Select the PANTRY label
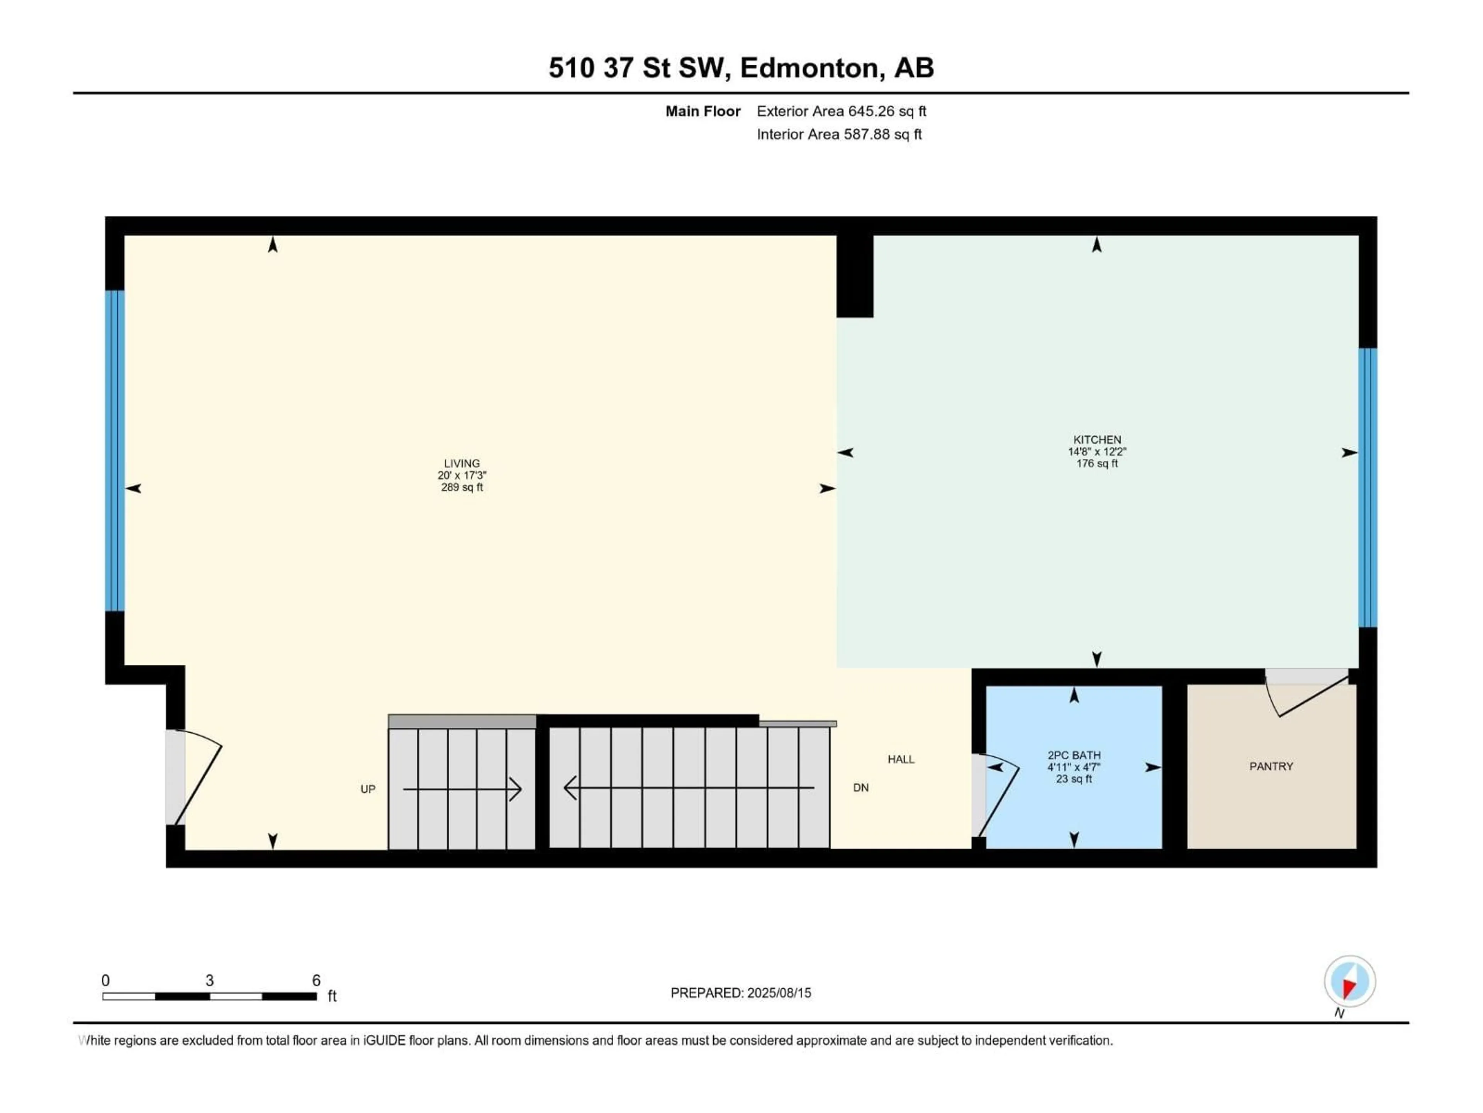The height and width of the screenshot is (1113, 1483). (x=1271, y=766)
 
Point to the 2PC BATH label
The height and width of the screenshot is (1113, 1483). (x=1074, y=755)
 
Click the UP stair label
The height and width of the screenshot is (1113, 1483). (x=368, y=789)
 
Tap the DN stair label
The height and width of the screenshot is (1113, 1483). (x=861, y=788)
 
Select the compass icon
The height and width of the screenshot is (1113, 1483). (x=1350, y=982)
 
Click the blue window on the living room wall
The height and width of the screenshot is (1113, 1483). (x=115, y=451)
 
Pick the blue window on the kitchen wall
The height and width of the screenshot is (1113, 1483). (x=1368, y=488)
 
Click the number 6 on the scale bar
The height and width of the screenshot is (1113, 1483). (x=316, y=980)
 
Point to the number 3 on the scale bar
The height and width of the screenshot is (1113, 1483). (x=210, y=980)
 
